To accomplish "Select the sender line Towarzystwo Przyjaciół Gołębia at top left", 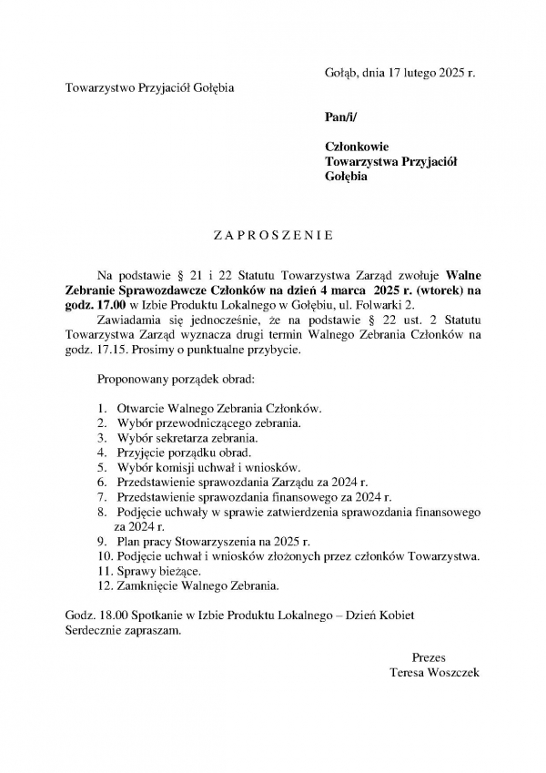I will tap(150, 88).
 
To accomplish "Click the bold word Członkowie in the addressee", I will tap(358, 147).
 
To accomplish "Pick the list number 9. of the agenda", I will tap(103, 541).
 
